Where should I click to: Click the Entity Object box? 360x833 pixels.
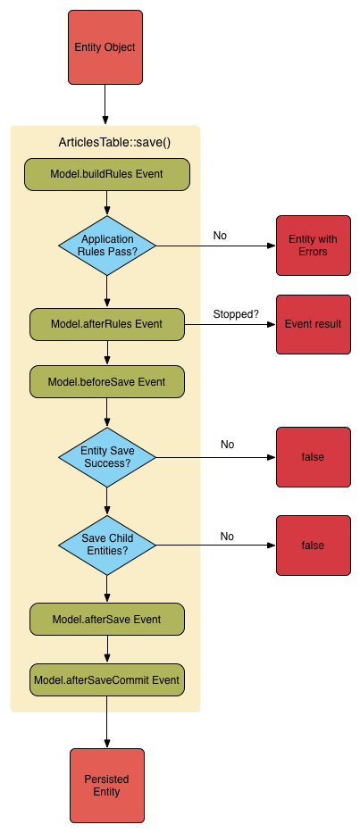[x=105, y=47]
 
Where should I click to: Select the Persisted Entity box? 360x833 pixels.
[x=107, y=786]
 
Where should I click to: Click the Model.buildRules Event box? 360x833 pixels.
[x=106, y=174]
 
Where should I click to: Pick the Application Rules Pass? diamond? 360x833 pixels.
[x=107, y=245]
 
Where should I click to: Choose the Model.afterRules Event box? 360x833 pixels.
[x=106, y=324]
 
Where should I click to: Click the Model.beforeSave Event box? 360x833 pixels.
[x=106, y=381]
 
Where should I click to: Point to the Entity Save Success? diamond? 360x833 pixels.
[x=107, y=457]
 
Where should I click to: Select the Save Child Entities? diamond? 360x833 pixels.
[x=107, y=545]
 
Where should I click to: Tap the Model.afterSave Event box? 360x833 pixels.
[x=106, y=619]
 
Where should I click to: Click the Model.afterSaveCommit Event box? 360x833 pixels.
[x=106, y=679]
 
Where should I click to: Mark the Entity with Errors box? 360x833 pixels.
[x=313, y=246]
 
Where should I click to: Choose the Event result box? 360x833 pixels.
[x=313, y=324]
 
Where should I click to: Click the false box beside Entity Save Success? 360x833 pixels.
[x=313, y=457]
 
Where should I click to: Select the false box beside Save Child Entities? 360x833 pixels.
[x=313, y=545]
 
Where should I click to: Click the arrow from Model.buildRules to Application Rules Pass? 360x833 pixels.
[x=107, y=203]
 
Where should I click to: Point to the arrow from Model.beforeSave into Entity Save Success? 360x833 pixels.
[x=107, y=412]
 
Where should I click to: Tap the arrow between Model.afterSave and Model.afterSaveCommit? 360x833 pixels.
[x=107, y=649]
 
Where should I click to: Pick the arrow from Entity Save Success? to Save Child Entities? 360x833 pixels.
[x=107, y=501]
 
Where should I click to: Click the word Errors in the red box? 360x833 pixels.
[x=313, y=252]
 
